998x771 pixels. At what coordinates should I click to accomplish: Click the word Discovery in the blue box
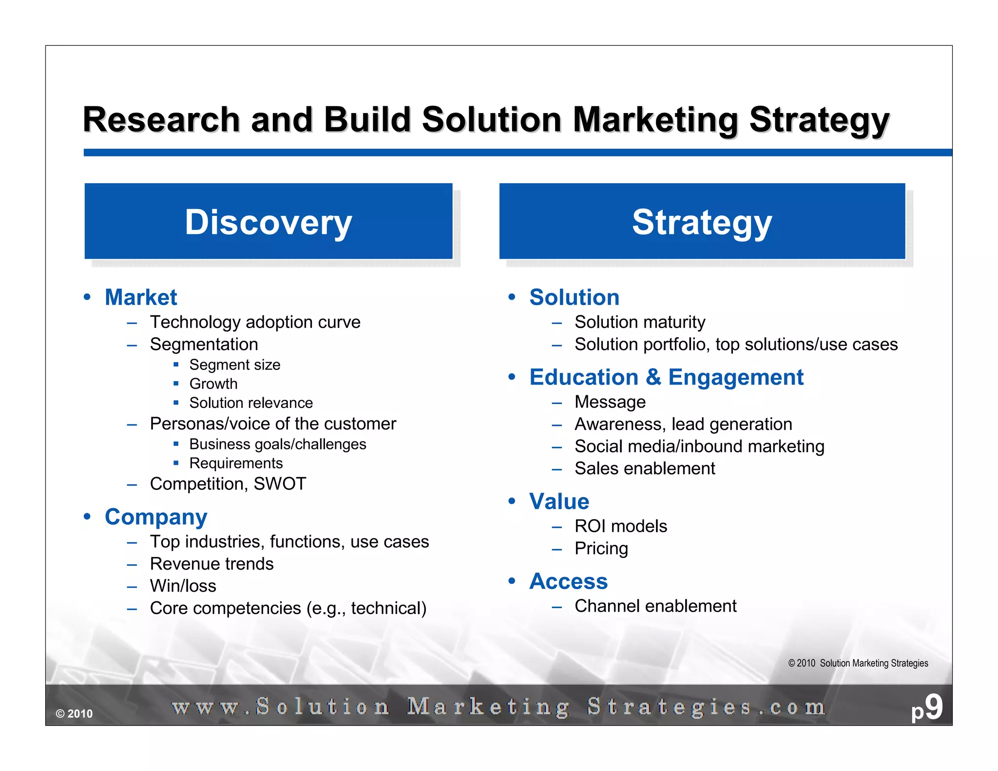(x=268, y=222)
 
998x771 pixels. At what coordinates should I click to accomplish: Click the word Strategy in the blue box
(x=702, y=222)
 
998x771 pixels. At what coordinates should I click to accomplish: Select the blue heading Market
(x=141, y=297)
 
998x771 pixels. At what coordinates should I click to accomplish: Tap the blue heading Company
(x=156, y=517)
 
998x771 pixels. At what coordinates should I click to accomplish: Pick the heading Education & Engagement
(x=666, y=377)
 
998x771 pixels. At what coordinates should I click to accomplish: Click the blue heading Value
(x=559, y=501)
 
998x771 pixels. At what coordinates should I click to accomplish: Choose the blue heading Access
(x=568, y=581)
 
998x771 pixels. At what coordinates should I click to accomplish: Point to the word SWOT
(x=280, y=484)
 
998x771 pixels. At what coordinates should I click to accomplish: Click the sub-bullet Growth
(x=213, y=384)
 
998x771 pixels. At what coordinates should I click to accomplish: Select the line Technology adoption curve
(x=255, y=322)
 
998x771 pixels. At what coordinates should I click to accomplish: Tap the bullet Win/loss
(x=183, y=586)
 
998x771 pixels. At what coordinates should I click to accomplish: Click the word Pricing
(x=601, y=549)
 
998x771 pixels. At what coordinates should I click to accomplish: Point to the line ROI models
(x=620, y=526)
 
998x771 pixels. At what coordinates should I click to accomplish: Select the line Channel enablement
(x=655, y=606)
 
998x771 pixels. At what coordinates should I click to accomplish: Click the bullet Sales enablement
(x=644, y=468)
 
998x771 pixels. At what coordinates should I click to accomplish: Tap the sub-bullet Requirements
(x=236, y=463)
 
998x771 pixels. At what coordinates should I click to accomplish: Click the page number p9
(x=927, y=708)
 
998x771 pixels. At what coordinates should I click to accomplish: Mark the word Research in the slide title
(x=161, y=120)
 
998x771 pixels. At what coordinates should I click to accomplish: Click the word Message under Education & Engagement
(x=610, y=402)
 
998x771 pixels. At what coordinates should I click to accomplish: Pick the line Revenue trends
(x=211, y=564)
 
